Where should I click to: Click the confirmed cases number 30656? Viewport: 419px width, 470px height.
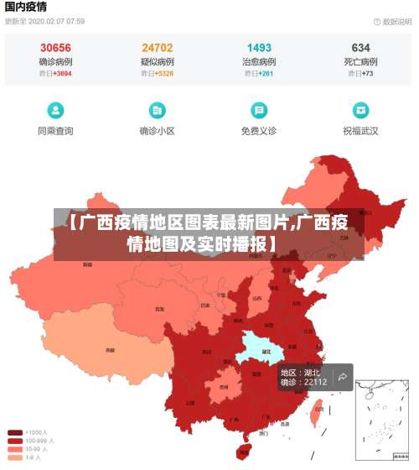point(55,48)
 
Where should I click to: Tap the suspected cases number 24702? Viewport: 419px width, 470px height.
point(158,48)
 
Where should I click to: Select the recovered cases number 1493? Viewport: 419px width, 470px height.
point(259,48)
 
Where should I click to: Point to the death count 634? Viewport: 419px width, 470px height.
point(360,48)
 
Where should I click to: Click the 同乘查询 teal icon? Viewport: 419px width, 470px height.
point(55,110)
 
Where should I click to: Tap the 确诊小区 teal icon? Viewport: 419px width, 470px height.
point(157,110)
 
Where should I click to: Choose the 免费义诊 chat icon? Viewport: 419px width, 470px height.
point(259,110)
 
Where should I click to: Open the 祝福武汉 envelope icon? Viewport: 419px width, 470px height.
point(360,110)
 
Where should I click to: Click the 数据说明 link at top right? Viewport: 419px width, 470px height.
point(394,21)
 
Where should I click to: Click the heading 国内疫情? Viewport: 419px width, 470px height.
point(26,7)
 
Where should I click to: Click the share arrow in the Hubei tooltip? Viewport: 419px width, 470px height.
point(343,378)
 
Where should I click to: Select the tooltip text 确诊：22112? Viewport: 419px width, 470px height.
point(303,383)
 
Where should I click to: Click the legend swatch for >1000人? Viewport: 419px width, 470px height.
point(15,433)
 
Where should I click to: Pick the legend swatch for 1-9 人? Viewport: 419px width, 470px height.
point(15,458)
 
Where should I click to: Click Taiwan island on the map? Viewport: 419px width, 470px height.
point(317,410)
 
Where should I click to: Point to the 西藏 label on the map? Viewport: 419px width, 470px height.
point(109,350)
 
